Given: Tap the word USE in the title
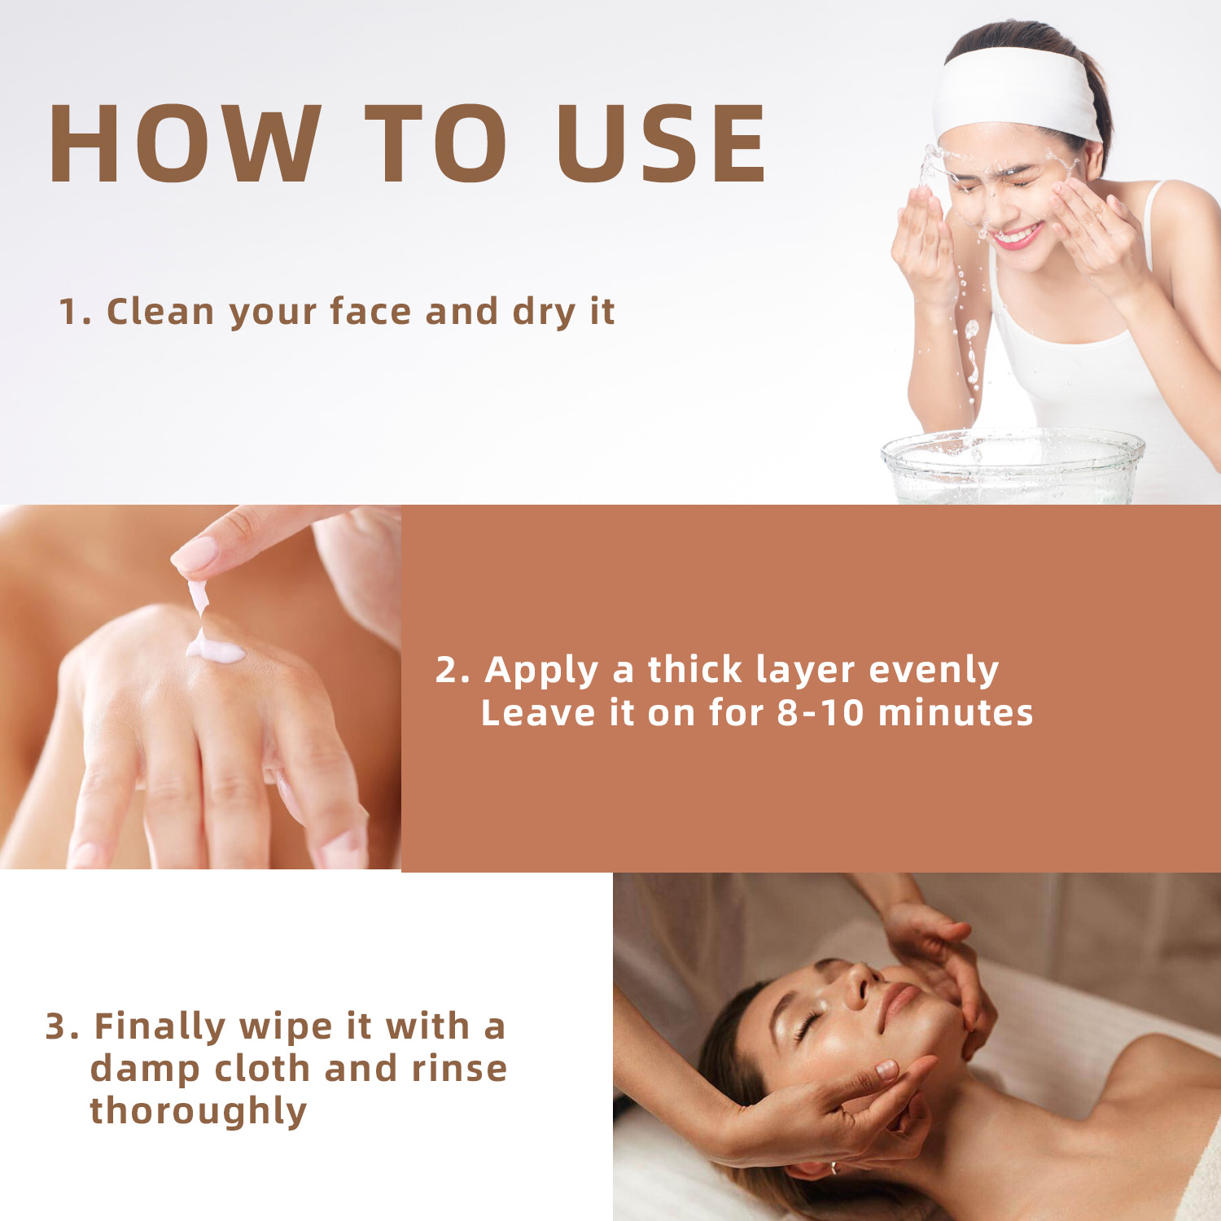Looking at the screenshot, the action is click(x=661, y=144).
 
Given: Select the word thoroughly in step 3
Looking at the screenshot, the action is click(x=198, y=1112).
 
